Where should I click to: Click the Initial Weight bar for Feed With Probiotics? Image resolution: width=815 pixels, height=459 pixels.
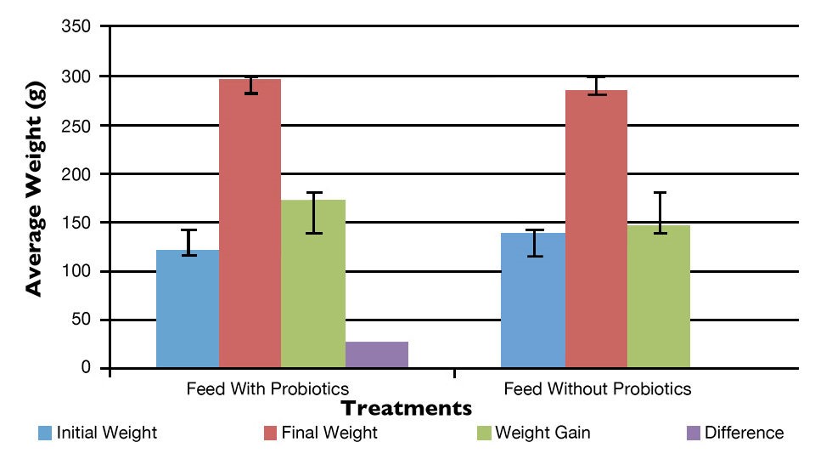click(188, 309)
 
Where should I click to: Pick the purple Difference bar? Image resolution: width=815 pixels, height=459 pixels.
click(376, 354)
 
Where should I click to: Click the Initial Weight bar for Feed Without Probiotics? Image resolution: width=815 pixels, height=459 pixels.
click(532, 301)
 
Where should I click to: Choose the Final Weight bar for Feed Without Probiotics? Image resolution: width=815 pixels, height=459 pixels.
click(596, 229)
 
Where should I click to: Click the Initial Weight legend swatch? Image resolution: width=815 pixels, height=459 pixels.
click(45, 433)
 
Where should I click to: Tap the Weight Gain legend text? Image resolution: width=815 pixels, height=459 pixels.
click(542, 433)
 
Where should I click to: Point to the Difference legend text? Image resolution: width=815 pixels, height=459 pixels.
click(744, 433)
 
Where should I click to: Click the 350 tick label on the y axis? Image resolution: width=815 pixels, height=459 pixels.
click(77, 28)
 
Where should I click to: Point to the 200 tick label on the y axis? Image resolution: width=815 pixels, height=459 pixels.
click(77, 174)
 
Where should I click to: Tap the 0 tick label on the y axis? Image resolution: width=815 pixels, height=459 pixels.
click(87, 369)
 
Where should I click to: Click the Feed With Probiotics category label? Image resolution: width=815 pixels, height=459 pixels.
click(267, 390)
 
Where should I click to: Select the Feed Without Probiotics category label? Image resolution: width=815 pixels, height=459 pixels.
click(598, 390)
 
